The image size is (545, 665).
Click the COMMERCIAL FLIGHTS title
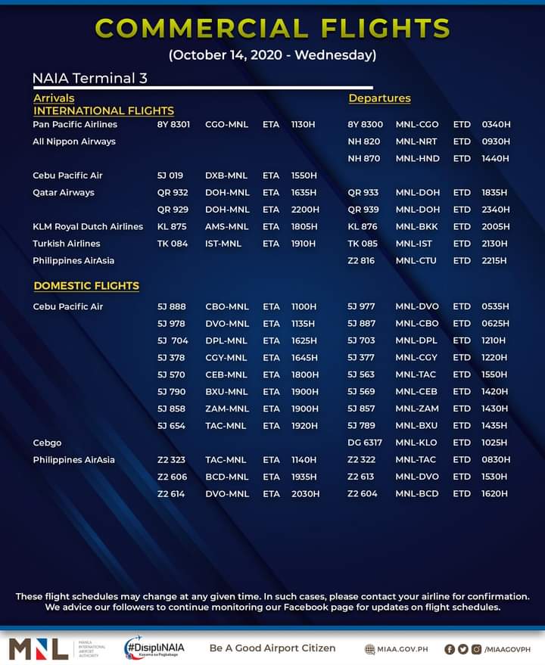272,29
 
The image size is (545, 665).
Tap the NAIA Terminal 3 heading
89,79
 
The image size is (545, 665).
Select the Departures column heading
379,98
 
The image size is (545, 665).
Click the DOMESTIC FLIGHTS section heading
86,286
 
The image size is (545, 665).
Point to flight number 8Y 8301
173,124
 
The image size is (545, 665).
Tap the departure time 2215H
496,260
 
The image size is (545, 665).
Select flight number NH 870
363,159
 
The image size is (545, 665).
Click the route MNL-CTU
416,260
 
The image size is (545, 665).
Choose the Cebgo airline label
47,443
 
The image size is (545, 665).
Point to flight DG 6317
365,443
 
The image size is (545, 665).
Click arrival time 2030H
305,494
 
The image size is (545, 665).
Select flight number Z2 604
363,494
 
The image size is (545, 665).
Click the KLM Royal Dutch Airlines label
88,226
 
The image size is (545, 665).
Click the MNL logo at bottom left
38,649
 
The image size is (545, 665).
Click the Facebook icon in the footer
450,649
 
